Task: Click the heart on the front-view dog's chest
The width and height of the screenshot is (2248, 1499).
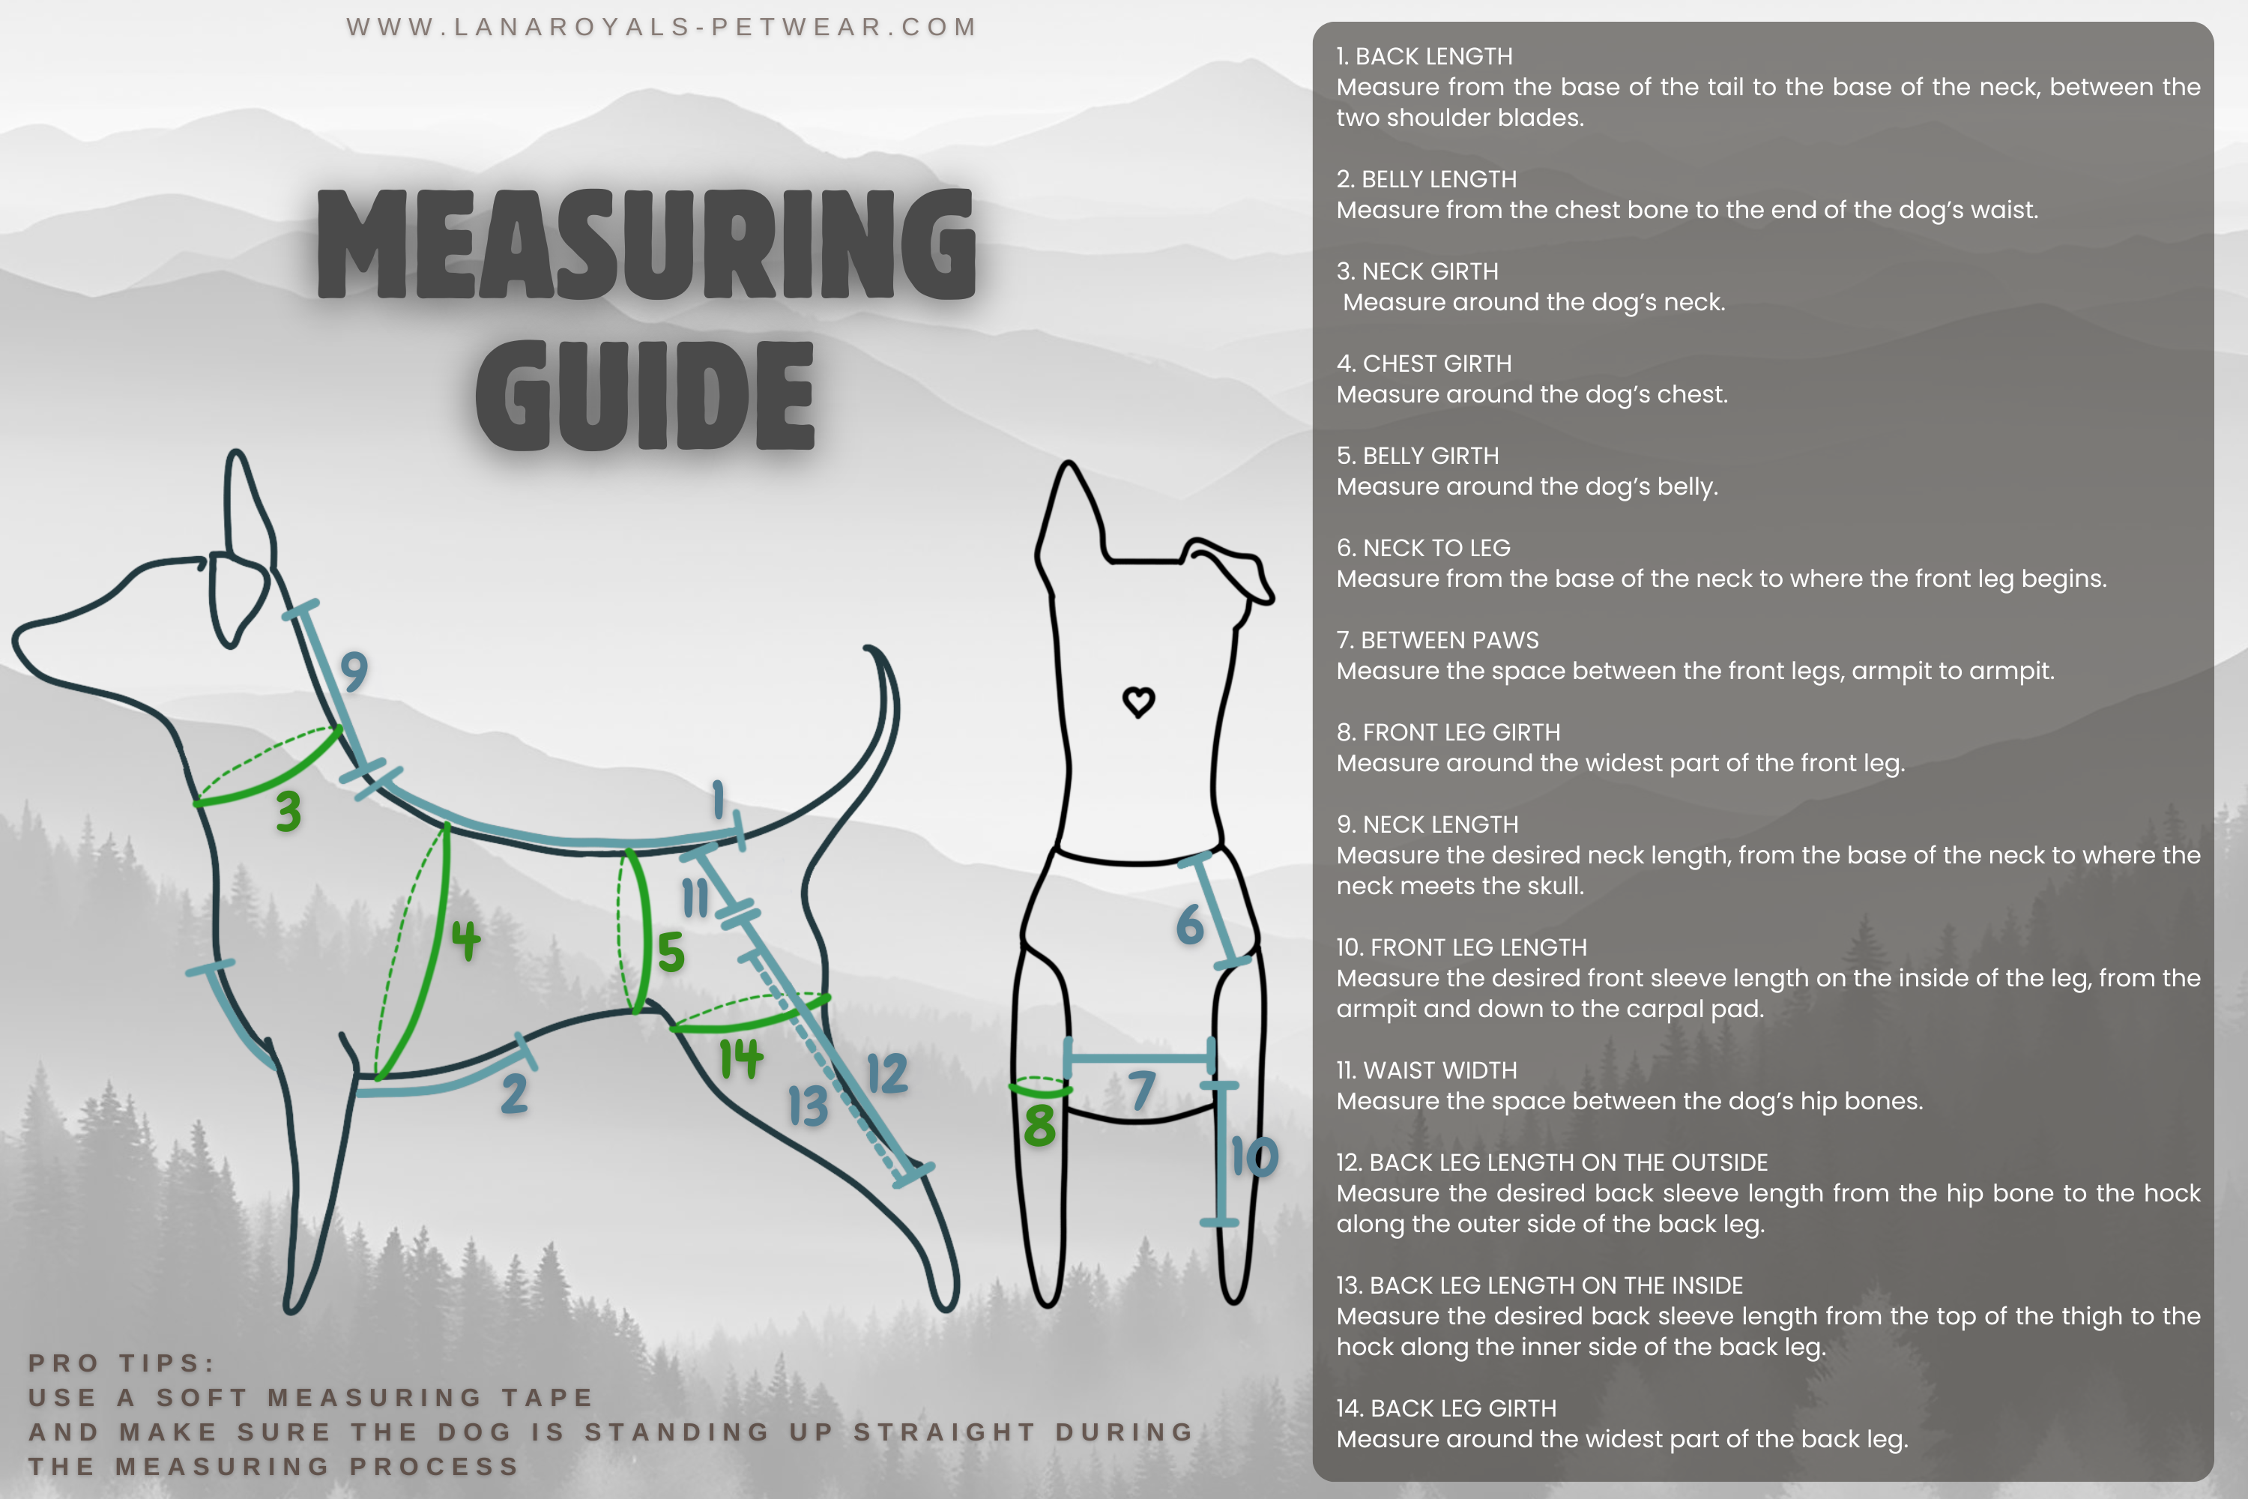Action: [1138, 702]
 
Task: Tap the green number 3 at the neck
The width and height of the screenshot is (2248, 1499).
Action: [288, 811]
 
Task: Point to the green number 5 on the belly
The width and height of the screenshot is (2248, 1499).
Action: [671, 951]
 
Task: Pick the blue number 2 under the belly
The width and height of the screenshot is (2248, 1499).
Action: [514, 1093]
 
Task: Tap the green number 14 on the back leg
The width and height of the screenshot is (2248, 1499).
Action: [741, 1058]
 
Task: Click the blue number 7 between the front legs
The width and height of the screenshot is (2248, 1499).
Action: [1141, 1091]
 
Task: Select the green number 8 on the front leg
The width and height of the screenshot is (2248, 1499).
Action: [1040, 1125]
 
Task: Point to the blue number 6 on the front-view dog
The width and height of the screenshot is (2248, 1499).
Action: [1190, 924]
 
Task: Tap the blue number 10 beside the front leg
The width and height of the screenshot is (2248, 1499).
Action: [1254, 1156]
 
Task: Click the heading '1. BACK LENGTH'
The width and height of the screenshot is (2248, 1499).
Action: [1424, 56]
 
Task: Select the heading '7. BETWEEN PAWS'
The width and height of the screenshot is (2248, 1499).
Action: [1437, 641]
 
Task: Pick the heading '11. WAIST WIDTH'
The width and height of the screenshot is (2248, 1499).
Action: [1426, 1071]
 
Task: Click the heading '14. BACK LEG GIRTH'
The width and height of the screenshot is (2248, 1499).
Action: [1446, 1408]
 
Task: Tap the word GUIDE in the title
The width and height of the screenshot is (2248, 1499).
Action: [645, 395]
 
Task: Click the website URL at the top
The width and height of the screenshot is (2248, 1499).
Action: [662, 27]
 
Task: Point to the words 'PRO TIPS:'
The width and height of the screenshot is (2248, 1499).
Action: [121, 1363]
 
